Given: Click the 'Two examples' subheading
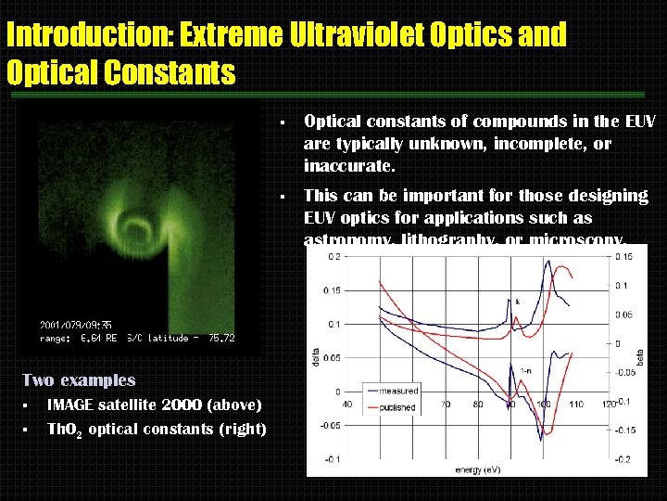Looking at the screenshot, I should pyautogui.click(x=78, y=379).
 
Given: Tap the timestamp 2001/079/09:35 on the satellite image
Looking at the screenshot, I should pyautogui.click(x=76, y=325).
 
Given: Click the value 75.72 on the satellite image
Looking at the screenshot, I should pyautogui.click(x=221, y=339).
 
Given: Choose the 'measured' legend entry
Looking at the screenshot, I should pyautogui.click(x=398, y=391).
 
